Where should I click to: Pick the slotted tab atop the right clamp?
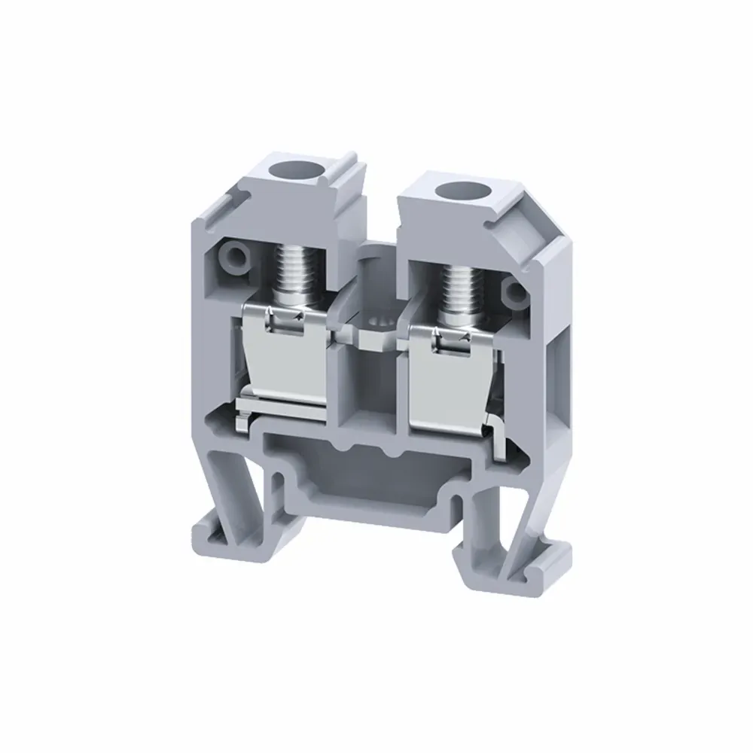(448, 339)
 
